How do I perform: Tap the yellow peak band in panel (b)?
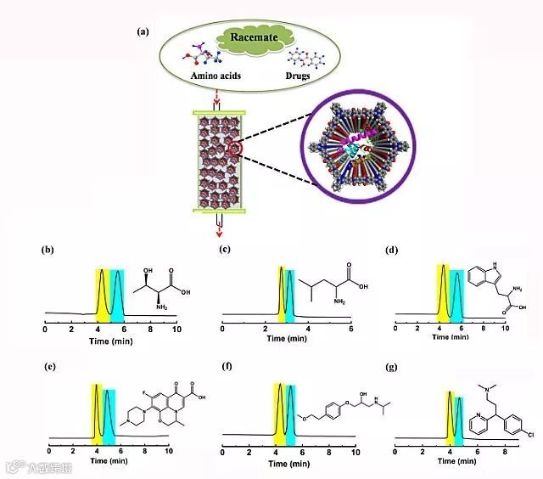(x=102, y=293)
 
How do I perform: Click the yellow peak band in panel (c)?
(x=281, y=293)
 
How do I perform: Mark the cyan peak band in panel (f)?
(x=291, y=409)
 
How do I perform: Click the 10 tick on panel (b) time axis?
(x=176, y=327)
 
